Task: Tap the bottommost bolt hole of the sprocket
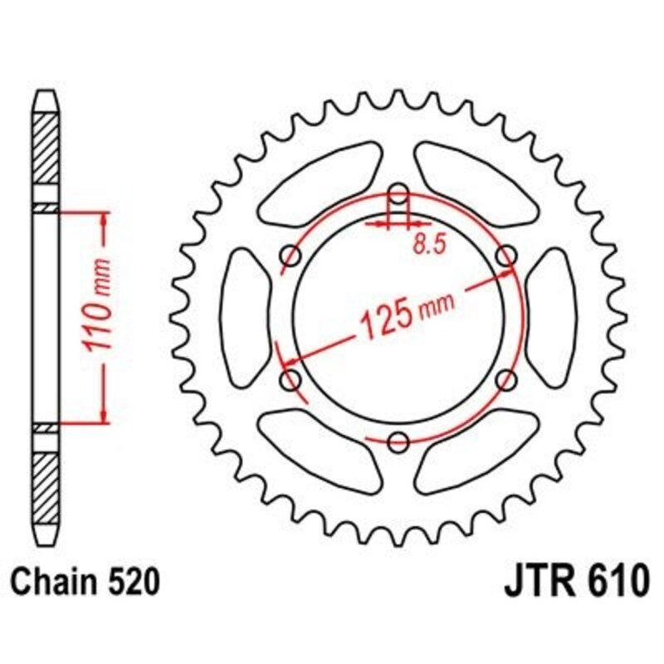(399, 440)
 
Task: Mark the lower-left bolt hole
(292, 380)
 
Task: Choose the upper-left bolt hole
(291, 256)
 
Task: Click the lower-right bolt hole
(505, 380)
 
